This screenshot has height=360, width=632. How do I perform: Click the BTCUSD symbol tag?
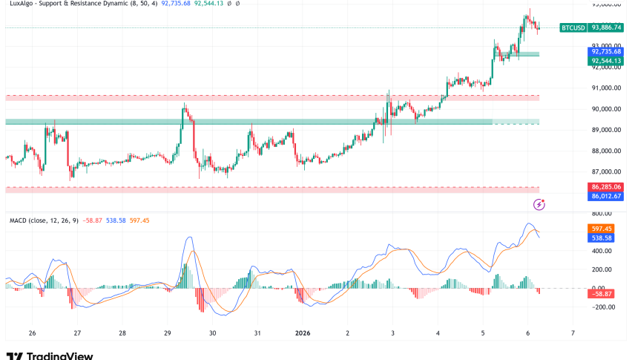pyautogui.click(x=573, y=27)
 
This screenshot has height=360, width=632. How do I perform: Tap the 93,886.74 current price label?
pyautogui.click(x=606, y=27)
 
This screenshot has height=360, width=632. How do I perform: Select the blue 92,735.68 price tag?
pyautogui.click(x=606, y=50)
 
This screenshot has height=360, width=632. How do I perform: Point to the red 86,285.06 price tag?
pyautogui.click(x=606, y=186)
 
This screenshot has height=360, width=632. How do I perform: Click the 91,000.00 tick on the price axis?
pyautogui.click(x=606, y=88)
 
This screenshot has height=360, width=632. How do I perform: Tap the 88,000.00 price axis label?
pyautogui.click(x=606, y=151)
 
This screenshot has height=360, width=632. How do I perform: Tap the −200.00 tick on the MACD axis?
pyautogui.click(x=605, y=306)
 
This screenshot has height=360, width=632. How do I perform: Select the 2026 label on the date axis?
pyautogui.click(x=303, y=334)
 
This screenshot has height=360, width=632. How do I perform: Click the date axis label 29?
pyautogui.click(x=168, y=334)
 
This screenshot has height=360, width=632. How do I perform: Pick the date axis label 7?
pyautogui.click(x=573, y=334)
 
